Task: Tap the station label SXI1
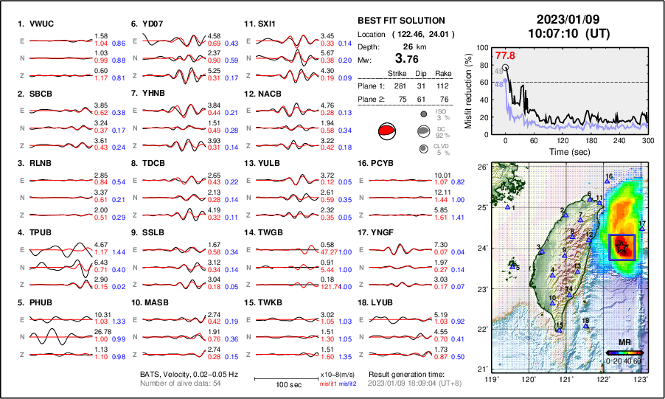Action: [267, 24]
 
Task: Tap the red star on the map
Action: [623, 246]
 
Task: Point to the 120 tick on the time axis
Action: [563, 140]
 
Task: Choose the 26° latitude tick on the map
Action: [481, 167]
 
